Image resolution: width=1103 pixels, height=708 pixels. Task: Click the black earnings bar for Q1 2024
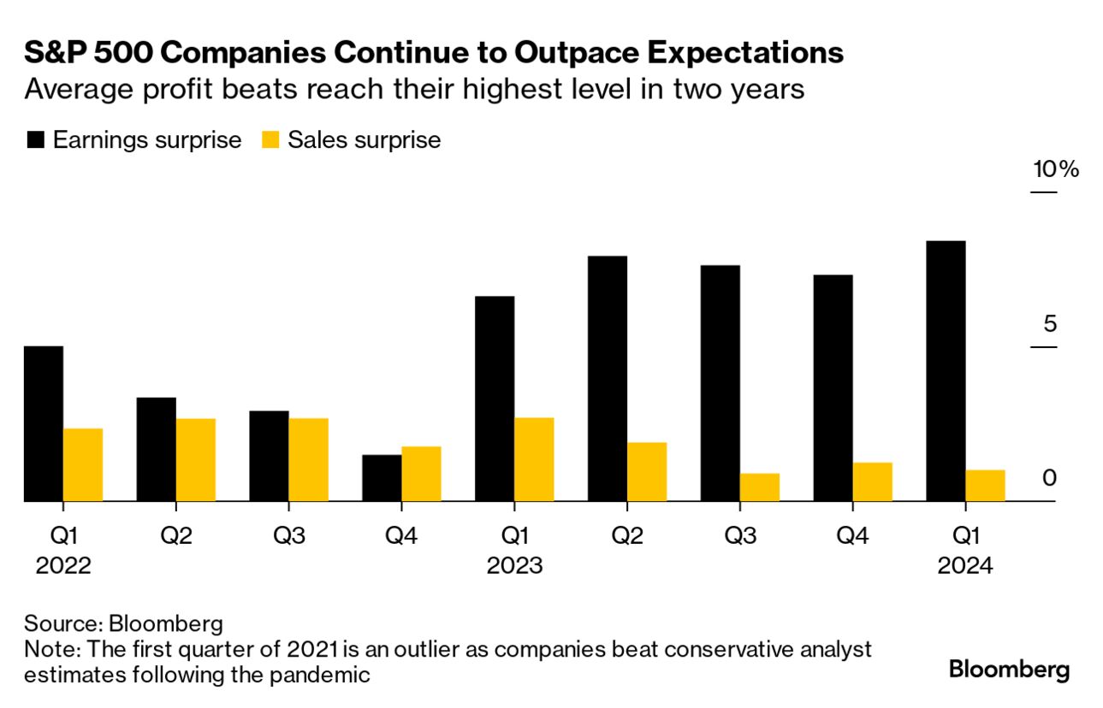point(946,371)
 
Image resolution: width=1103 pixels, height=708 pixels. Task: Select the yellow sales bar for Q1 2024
point(985,486)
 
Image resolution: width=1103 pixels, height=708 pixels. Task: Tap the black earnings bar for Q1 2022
point(43,423)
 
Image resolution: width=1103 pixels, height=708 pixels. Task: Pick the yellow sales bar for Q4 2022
point(421,474)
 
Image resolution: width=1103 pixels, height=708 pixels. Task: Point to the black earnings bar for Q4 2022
point(382,478)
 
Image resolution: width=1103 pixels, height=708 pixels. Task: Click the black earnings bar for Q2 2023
point(608,379)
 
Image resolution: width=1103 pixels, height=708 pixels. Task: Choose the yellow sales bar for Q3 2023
point(759,487)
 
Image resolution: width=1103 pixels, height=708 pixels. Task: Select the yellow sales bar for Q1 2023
point(534,459)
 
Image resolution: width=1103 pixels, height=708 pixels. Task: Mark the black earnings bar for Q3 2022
point(269,456)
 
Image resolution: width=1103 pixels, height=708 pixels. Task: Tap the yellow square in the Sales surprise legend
point(270,140)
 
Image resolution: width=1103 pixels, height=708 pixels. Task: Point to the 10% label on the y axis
point(1056,169)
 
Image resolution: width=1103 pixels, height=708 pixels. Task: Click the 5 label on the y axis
point(1050,324)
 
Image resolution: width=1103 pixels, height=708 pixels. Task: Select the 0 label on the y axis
point(1049,478)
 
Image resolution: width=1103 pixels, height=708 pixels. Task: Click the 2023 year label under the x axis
point(514,566)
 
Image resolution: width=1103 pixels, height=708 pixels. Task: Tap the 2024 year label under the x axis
point(965,566)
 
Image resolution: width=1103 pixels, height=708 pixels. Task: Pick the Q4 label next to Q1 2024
point(852,536)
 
